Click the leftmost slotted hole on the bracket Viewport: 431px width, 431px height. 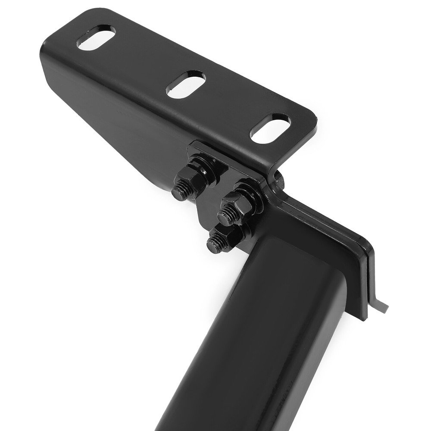pos(96,37)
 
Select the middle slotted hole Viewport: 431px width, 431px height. pos(186,84)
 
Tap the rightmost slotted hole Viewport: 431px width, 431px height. pos(270,128)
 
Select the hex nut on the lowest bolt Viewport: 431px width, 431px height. pos(226,235)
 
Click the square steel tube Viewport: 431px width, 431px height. pos(267,336)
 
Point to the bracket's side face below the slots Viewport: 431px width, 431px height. pos(116,108)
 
